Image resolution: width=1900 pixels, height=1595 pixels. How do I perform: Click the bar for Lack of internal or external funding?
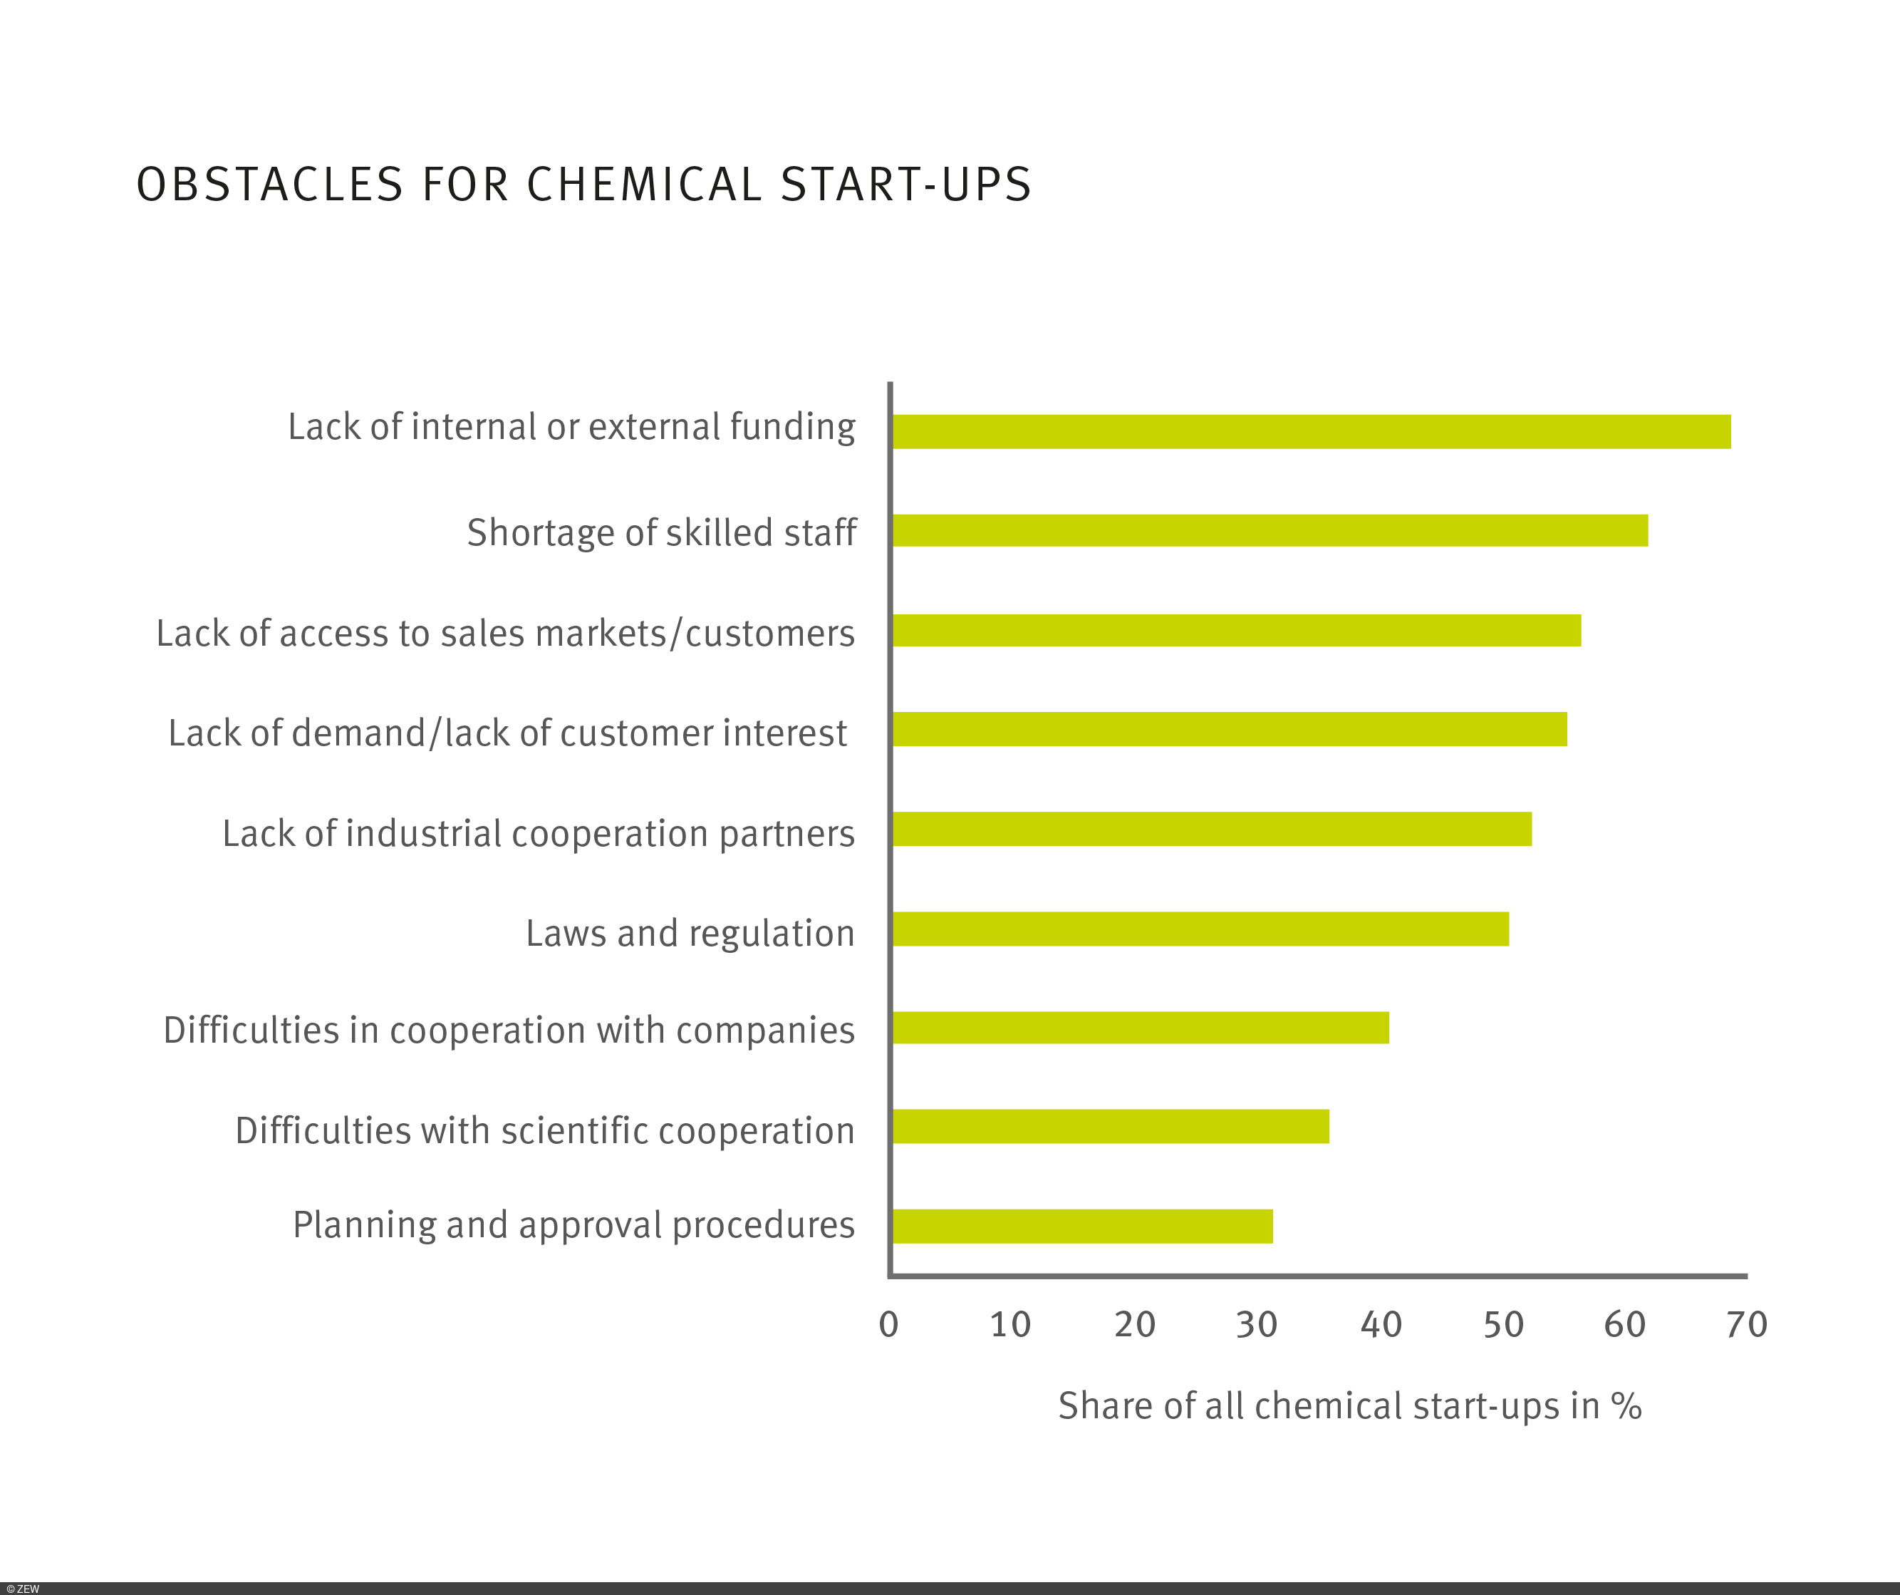[x=1311, y=432]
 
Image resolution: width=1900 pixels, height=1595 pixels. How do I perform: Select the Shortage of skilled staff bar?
[x=1270, y=530]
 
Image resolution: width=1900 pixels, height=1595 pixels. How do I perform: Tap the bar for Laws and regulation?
[x=1200, y=929]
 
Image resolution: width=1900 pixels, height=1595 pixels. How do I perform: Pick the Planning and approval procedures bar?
[x=1082, y=1226]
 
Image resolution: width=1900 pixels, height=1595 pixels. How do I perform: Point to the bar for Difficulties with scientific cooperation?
[x=1110, y=1126]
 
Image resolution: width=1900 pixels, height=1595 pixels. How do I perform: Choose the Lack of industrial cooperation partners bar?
[x=1212, y=829]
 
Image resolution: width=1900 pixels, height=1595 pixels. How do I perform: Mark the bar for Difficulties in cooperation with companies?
[x=1140, y=1028]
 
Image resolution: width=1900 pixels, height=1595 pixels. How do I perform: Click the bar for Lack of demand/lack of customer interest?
[x=1229, y=728]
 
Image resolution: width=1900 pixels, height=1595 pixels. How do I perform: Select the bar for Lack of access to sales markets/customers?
[x=1236, y=630]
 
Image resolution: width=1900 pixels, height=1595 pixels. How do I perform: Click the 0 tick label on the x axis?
[x=888, y=1325]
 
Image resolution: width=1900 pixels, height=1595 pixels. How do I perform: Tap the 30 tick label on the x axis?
[x=1257, y=1325]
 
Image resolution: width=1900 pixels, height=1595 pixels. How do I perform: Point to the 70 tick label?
[x=1746, y=1325]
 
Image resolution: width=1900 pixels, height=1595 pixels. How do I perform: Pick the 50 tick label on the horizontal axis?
[x=1502, y=1325]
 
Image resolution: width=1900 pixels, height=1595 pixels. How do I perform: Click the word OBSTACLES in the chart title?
[x=269, y=185]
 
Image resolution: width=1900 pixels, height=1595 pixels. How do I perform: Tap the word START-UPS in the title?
[x=905, y=185]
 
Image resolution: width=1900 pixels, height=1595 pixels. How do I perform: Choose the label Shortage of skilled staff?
[x=661, y=533]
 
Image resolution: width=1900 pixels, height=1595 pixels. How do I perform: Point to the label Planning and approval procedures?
[x=573, y=1225]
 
